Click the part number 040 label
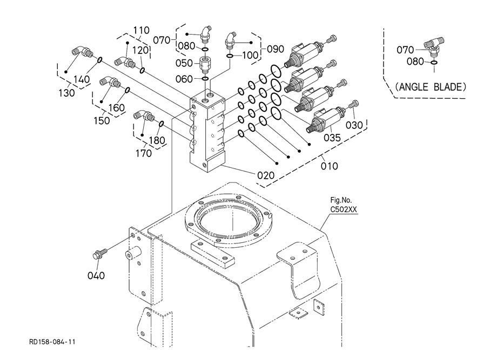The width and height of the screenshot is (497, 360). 96,275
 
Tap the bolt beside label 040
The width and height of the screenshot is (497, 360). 99,254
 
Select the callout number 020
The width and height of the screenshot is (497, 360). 266,175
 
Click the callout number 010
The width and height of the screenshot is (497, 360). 330,166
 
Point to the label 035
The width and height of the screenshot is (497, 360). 332,138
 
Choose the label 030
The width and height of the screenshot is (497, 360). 354,125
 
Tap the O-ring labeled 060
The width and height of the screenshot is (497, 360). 205,78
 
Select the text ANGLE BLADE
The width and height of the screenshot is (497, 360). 431,87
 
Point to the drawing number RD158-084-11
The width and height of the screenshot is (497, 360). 52,342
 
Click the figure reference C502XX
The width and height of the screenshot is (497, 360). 344,209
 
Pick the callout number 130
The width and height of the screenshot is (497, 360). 66,93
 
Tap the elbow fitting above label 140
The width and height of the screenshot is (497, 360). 82,51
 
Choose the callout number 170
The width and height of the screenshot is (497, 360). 144,153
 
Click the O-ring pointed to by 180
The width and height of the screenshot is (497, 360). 161,124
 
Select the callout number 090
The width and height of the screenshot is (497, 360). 276,49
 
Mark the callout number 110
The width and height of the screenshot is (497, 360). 141,30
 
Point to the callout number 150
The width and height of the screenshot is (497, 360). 102,120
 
